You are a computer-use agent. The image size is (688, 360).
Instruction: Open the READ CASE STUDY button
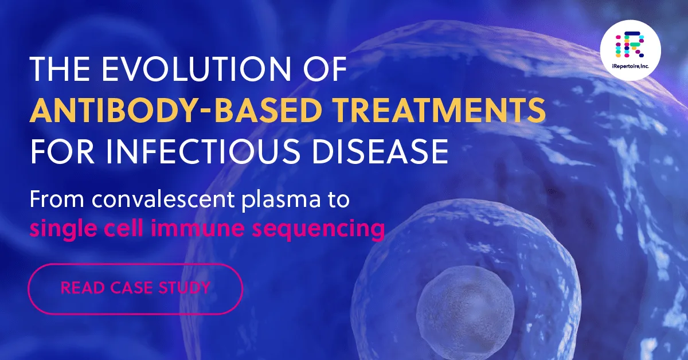click(x=135, y=288)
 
